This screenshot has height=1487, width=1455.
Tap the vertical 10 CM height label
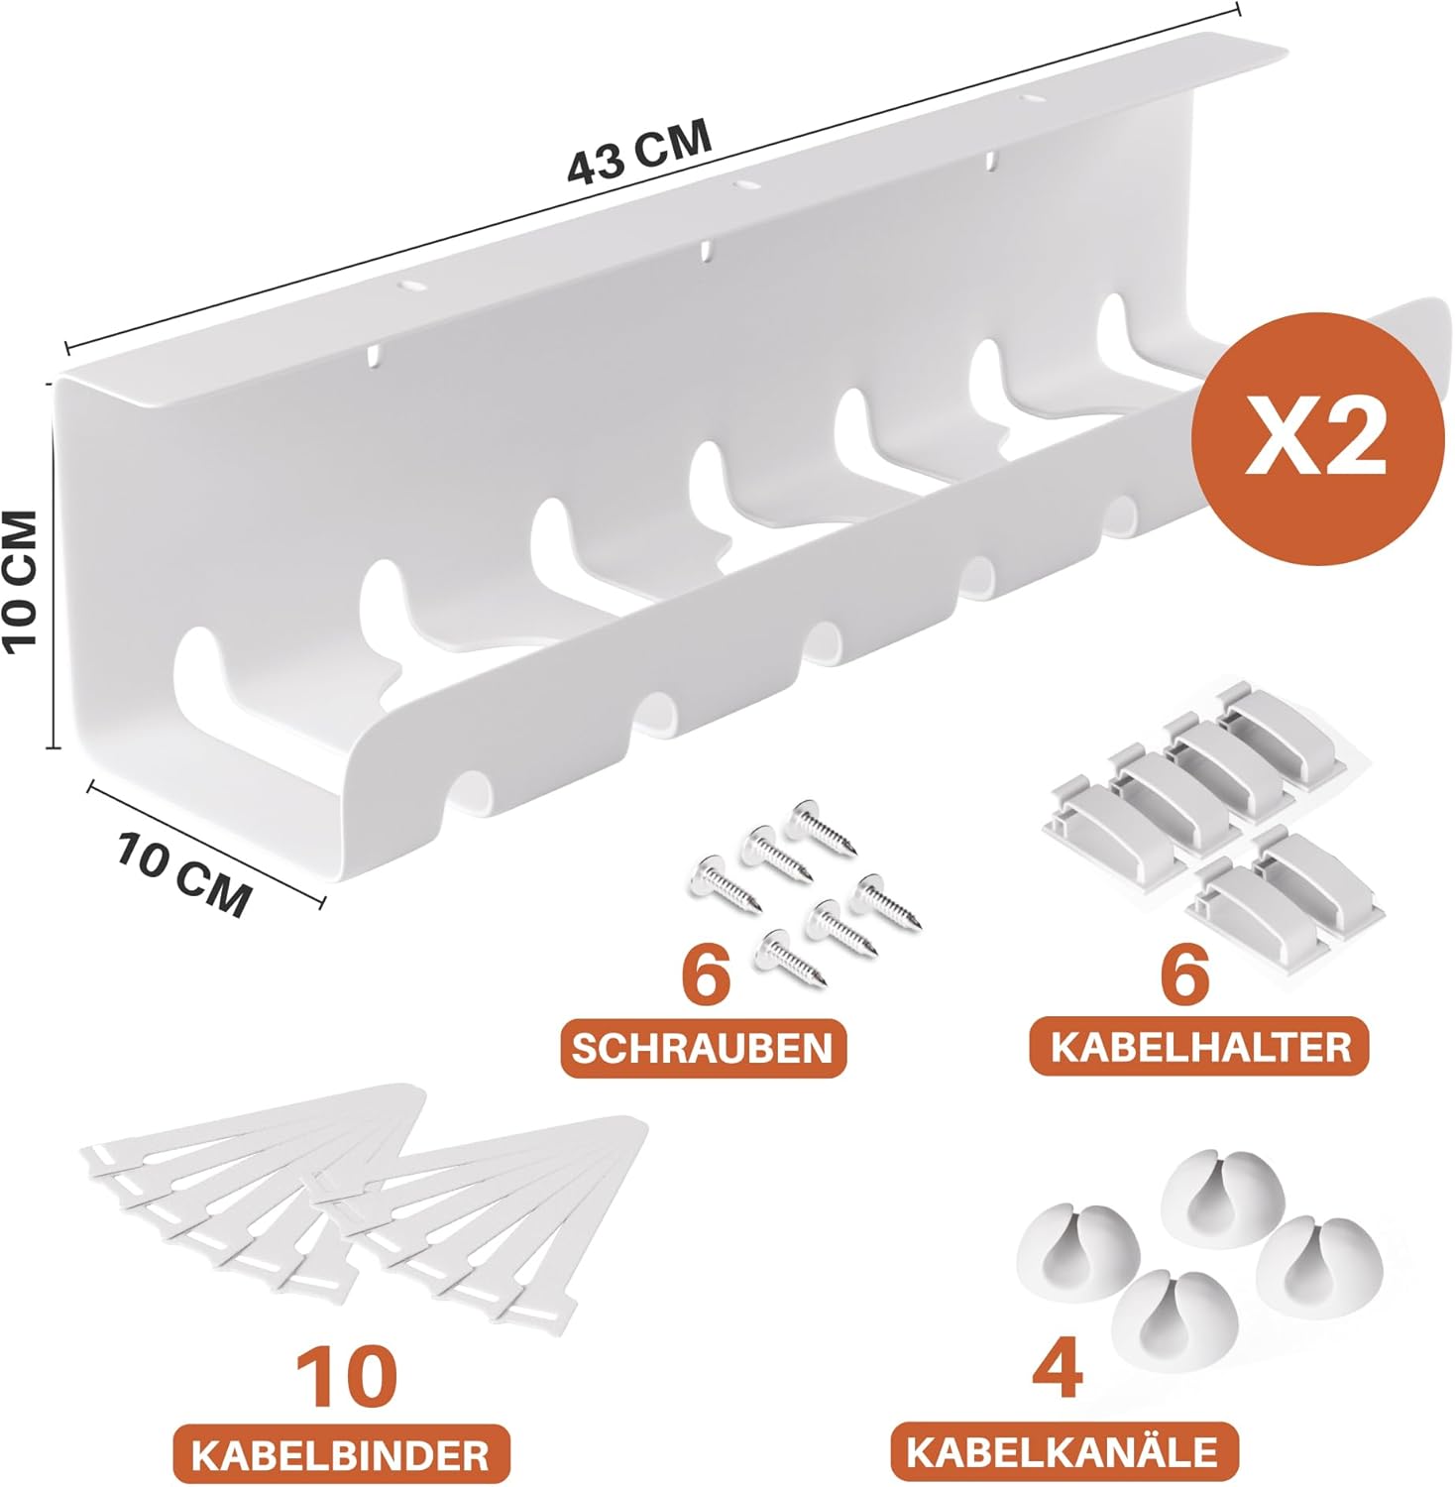pos(21,581)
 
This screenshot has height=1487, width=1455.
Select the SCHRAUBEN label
pos(703,1049)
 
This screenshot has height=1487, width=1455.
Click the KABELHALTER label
pos(1200,1047)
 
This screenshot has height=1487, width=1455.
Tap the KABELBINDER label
pos(341,1455)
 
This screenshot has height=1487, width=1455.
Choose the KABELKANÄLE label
pos(1063,1451)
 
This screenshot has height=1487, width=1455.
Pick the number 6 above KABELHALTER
pos(1185,972)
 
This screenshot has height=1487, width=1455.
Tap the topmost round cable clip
pos(1223,1199)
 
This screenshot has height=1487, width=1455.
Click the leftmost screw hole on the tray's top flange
pos(409,286)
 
